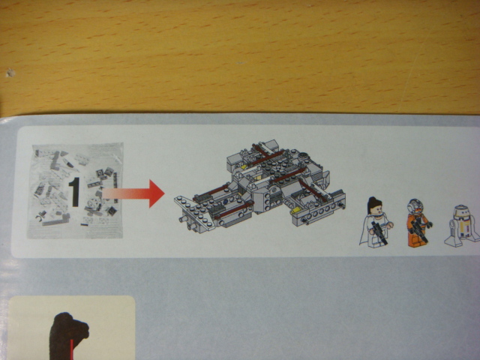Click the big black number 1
(74, 192)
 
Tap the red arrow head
(157, 193)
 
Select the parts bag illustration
(75, 190)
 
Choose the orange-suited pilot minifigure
(418, 223)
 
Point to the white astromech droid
(462, 226)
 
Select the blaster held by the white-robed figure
(379, 232)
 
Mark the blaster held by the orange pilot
(418, 231)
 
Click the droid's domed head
(461, 211)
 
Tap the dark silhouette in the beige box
(68, 336)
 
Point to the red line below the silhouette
(72, 349)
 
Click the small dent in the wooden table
(10, 73)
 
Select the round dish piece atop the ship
(304, 156)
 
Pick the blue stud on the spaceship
(226, 202)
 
